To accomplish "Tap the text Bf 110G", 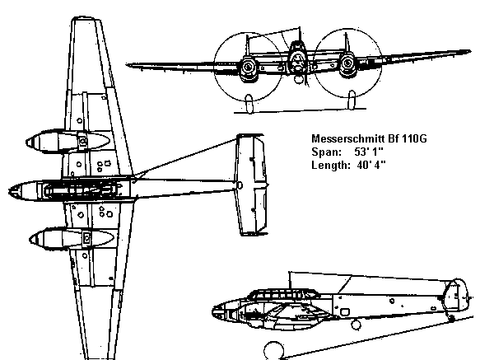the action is click(408, 138).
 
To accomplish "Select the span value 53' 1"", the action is click(369, 152).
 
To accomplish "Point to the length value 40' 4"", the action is click(371, 165).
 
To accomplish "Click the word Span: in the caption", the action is click(327, 152).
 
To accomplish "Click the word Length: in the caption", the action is click(331, 165).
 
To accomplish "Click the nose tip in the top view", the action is click(9, 191).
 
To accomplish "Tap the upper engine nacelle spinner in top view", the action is click(30, 143).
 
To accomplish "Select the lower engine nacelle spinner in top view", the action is click(34, 240).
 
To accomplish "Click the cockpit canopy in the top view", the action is click(81, 190).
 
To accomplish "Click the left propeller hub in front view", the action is click(248, 67).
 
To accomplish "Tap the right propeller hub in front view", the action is click(347, 63).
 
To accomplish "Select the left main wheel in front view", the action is click(249, 104).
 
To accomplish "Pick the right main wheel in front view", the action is click(352, 100).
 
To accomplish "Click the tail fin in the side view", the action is click(455, 294).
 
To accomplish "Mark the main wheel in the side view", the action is click(273, 351).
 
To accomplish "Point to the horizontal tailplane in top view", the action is click(251, 185).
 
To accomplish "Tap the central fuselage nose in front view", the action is click(297, 61).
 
